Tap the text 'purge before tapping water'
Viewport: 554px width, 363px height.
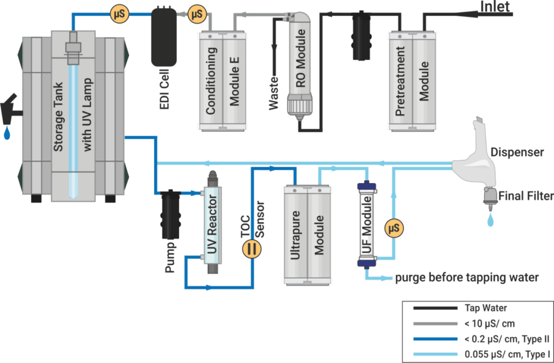pos(466,278)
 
